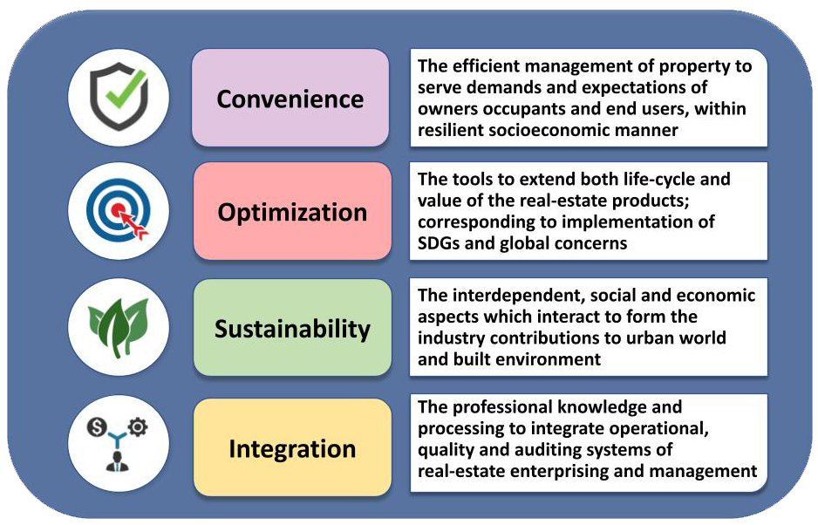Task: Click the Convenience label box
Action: coord(290,98)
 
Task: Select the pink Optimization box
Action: coord(292,211)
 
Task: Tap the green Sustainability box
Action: coord(292,327)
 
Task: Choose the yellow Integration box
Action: coord(292,447)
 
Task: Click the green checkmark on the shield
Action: coord(126,89)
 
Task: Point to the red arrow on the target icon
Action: coord(134,224)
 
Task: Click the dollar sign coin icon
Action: coord(97,428)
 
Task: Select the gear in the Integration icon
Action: coord(138,426)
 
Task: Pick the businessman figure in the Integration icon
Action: coord(118,461)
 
